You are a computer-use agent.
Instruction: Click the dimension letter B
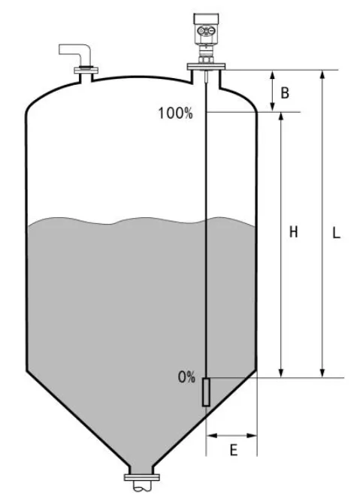pos(285,93)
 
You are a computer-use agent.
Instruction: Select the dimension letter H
pos(294,232)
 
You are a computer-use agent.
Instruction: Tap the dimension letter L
pos(336,233)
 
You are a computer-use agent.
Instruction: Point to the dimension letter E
pos(234,450)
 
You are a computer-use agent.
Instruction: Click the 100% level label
pos(175,113)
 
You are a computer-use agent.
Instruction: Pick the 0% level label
pos(186,377)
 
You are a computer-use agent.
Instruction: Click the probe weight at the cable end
pos(206,392)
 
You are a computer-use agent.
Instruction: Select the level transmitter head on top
pos(206,29)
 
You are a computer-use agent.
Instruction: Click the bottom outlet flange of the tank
pos(142,478)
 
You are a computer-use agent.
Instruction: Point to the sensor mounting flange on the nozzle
pos(206,67)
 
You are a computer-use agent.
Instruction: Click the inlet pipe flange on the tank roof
pos(86,70)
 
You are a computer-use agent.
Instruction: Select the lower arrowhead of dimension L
pos(322,373)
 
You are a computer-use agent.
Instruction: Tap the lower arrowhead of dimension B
pos(272,107)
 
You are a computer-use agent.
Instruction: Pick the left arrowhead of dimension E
pos(211,436)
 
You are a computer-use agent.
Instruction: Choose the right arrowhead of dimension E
pos(252,436)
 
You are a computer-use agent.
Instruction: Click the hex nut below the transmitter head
pos(206,59)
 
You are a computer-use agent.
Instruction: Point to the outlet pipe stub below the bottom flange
pos(142,486)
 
